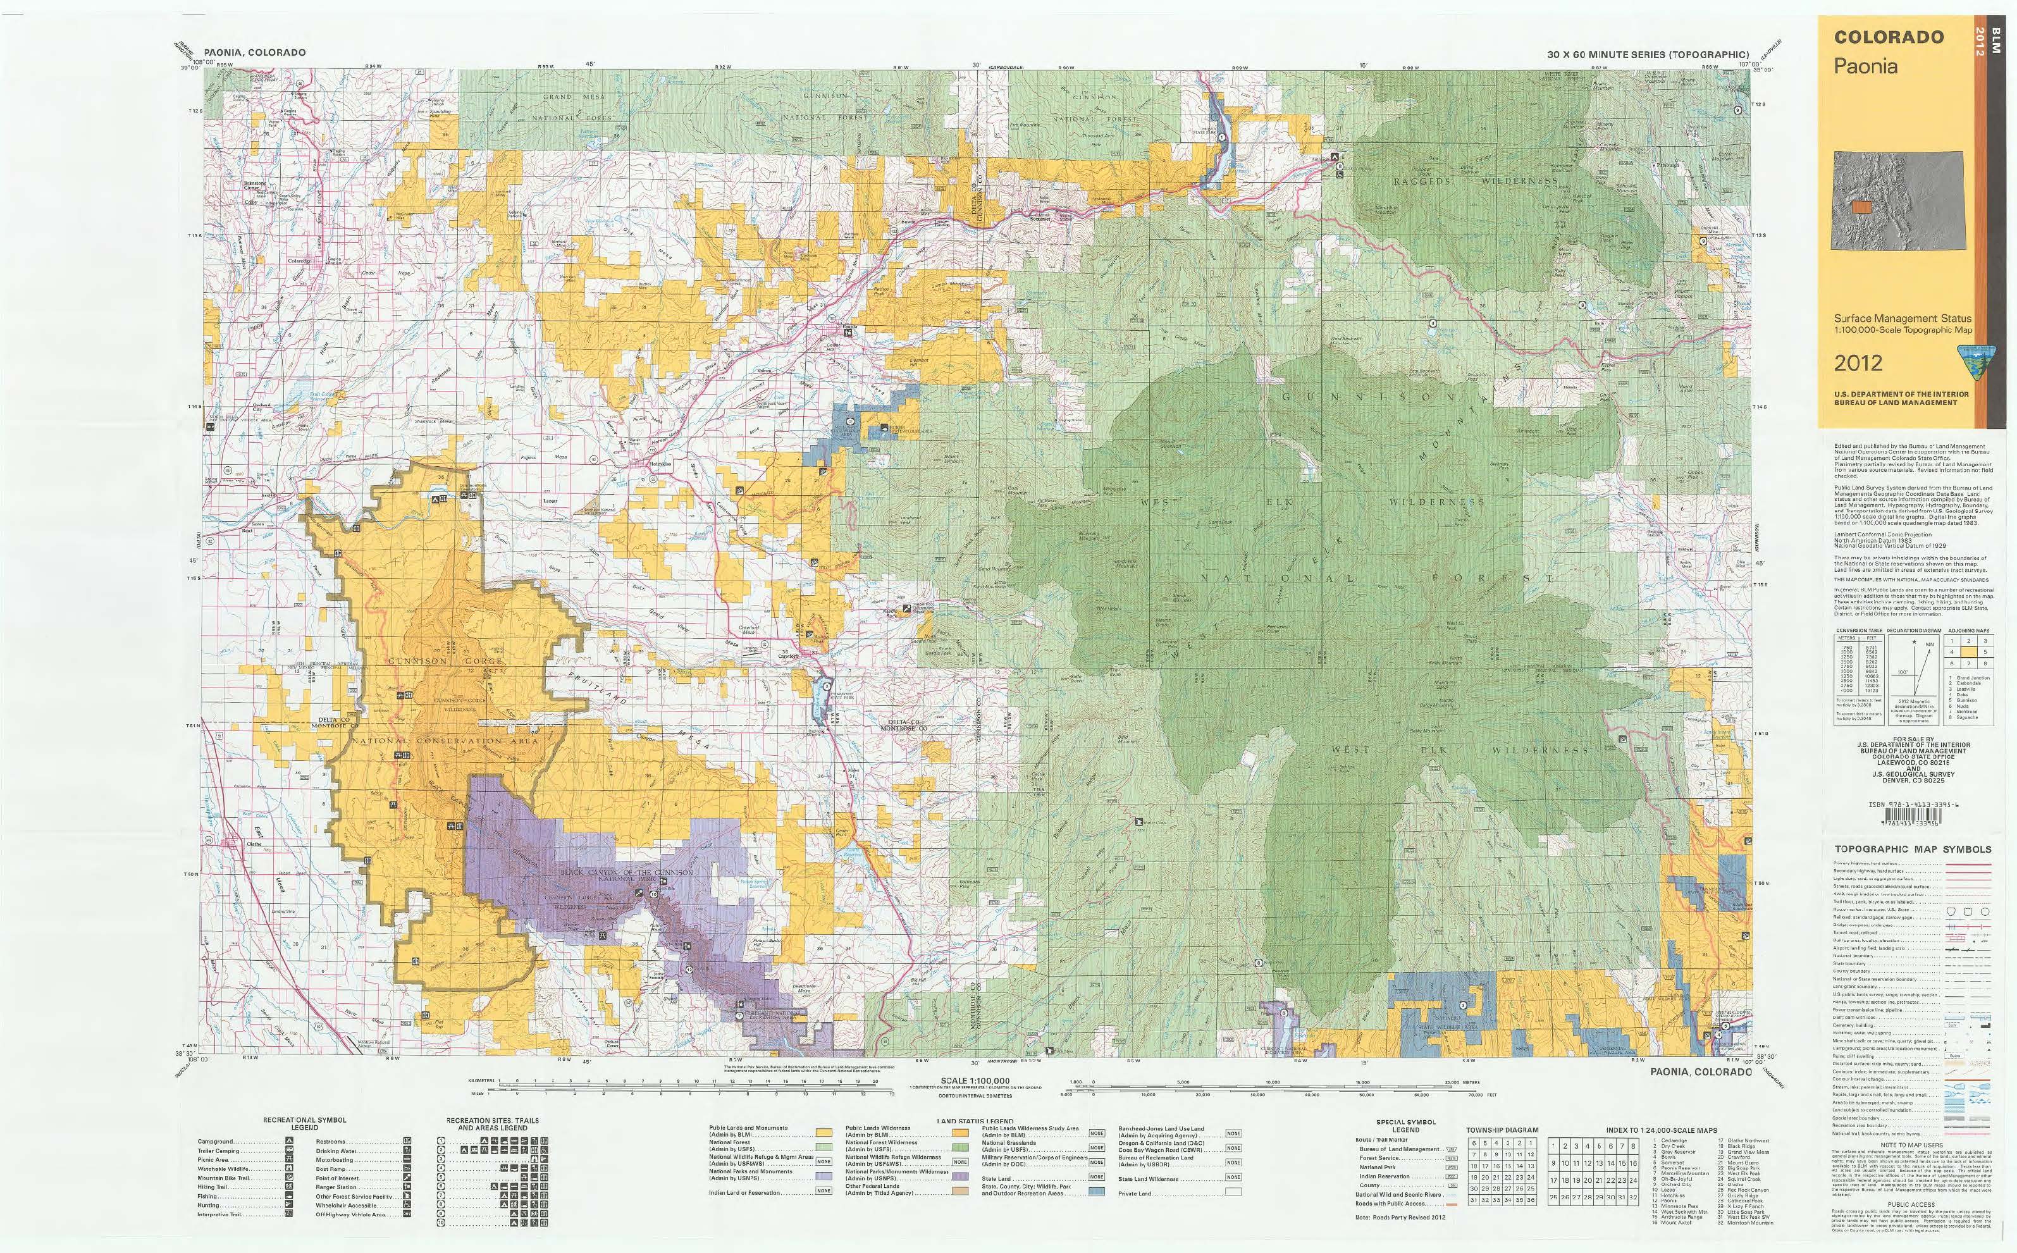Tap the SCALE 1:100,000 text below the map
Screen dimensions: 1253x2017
click(x=975, y=1080)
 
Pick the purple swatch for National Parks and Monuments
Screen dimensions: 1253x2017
click(x=823, y=1175)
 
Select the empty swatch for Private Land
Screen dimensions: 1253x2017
click(x=1233, y=1194)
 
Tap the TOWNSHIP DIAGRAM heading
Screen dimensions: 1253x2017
click(x=1502, y=1130)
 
